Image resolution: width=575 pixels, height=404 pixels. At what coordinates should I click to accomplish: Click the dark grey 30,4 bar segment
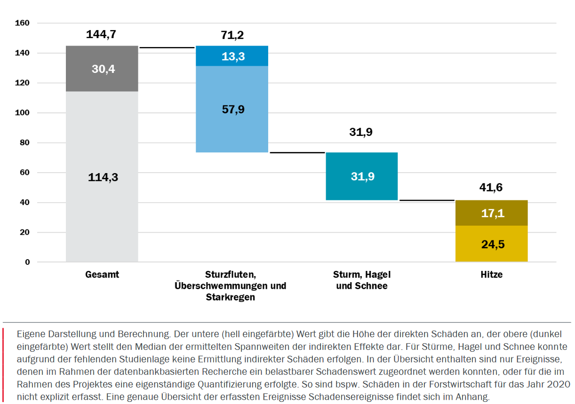[x=102, y=69]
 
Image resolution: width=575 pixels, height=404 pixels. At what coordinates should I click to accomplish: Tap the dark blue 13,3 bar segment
[x=232, y=56]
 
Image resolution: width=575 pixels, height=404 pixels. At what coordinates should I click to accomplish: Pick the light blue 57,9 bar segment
[x=232, y=109]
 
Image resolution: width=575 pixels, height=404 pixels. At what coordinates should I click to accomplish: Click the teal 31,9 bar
[x=361, y=176]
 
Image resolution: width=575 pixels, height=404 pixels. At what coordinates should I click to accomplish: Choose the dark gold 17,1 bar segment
[x=491, y=213]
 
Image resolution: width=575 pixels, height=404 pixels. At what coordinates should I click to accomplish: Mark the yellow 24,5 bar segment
[x=491, y=244]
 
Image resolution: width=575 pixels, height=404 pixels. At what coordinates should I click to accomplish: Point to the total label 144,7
[x=101, y=34]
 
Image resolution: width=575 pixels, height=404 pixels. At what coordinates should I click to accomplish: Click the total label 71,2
[x=232, y=35]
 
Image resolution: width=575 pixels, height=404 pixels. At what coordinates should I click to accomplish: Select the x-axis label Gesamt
[x=102, y=275]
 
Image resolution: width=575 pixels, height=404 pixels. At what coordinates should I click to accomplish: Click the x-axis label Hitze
[x=492, y=275]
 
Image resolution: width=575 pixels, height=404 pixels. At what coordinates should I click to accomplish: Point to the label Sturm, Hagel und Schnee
[x=362, y=280]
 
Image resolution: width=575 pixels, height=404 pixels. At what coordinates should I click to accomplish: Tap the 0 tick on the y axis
[x=27, y=262]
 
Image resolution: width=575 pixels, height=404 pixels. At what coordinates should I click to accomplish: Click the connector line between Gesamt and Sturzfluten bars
[x=167, y=48]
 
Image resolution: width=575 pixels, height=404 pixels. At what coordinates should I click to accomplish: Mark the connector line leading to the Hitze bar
[x=427, y=200]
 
